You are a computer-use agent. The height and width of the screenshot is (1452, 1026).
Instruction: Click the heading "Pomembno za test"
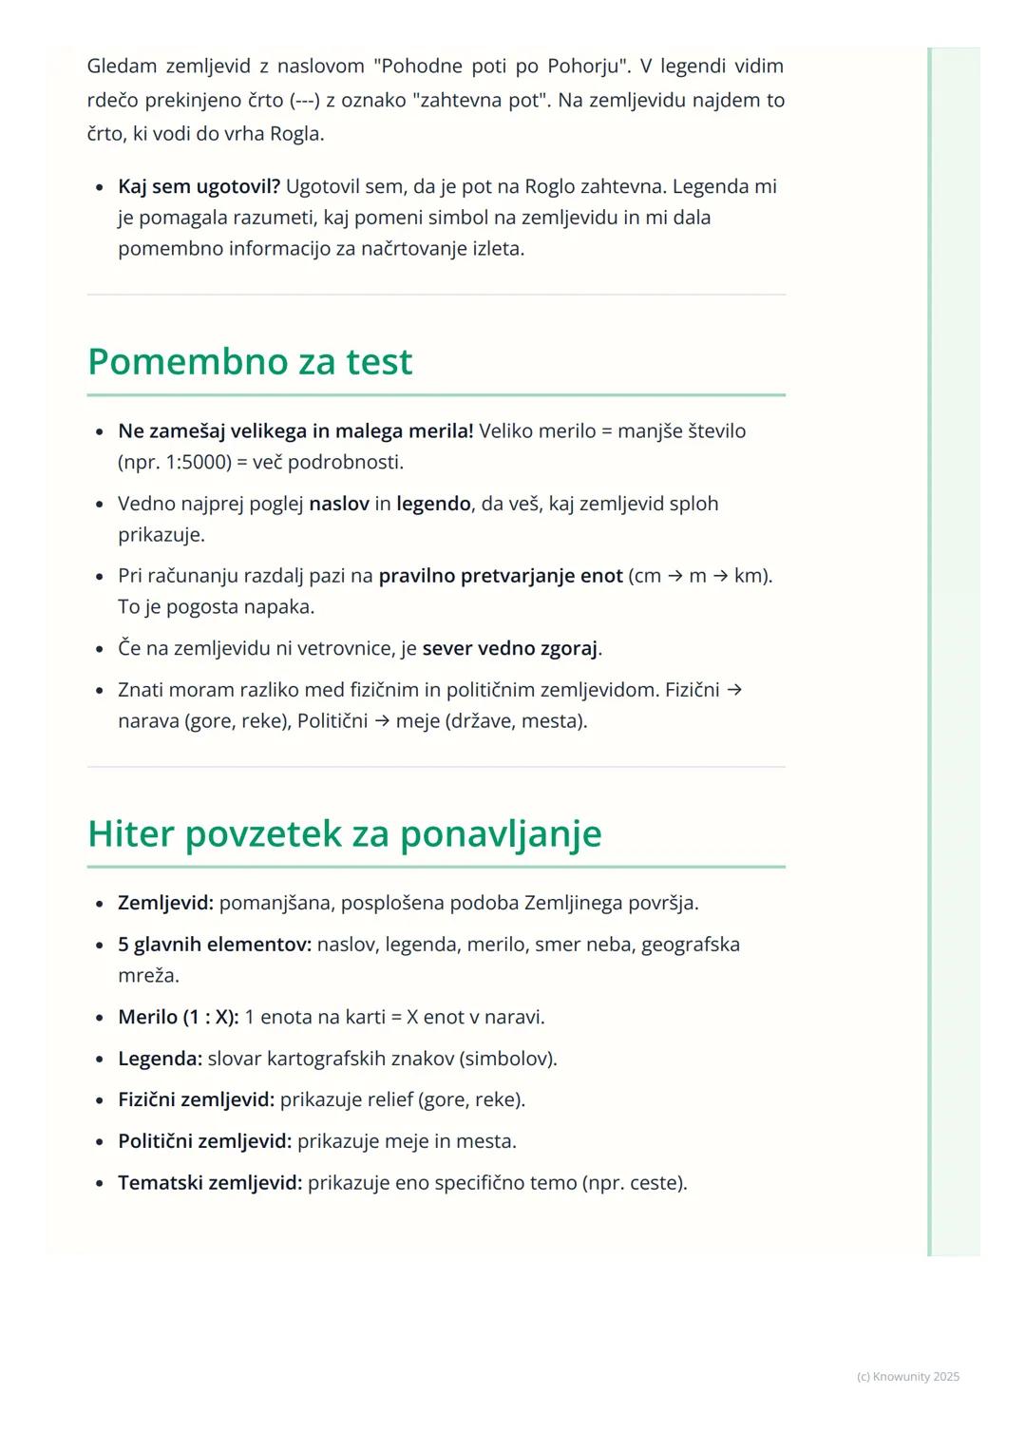tap(250, 362)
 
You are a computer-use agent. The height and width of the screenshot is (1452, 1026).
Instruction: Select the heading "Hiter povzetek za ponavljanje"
tap(344, 833)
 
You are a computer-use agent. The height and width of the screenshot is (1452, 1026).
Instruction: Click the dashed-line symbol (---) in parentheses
tap(304, 101)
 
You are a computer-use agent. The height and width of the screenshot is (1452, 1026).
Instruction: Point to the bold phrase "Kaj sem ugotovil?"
tap(199, 186)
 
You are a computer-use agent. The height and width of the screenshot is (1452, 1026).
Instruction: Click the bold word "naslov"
tap(338, 504)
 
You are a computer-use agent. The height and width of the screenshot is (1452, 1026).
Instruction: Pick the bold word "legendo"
tap(433, 504)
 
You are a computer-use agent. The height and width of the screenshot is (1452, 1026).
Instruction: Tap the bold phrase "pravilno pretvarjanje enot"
tap(500, 576)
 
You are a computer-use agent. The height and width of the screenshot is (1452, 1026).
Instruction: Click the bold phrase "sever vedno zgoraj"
tap(509, 648)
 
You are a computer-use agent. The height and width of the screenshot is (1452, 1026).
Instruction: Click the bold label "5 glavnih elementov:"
tap(215, 945)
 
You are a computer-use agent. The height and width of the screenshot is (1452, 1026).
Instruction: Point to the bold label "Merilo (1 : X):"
tap(178, 1017)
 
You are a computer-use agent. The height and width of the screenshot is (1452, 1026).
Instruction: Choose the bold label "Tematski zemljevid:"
tap(210, 1183)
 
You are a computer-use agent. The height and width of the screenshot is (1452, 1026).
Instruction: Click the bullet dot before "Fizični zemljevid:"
tap(99, 1100)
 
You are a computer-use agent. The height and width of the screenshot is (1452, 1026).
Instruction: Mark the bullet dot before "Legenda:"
tap(99, 1059)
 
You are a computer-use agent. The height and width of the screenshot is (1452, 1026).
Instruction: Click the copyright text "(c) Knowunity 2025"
tap(907, 1377)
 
